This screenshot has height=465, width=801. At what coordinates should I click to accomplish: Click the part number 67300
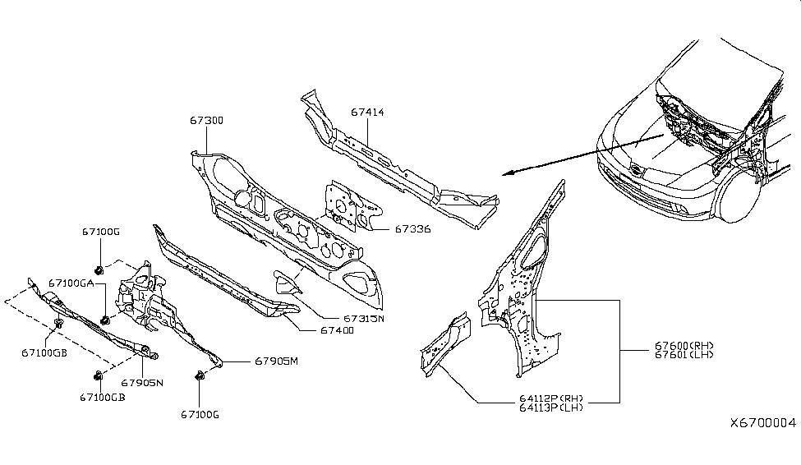(x=207, y=121)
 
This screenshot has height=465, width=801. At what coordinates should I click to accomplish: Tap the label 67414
(x=367, y=113)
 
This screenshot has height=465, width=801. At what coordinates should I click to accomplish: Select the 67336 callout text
(x=413, y=229)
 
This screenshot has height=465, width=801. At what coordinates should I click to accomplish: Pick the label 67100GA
(x=71, y=283)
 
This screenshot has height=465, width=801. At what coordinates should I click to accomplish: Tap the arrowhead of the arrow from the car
(x=507, y=173)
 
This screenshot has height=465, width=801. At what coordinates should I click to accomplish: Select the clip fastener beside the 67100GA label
(x=105, y=320)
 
